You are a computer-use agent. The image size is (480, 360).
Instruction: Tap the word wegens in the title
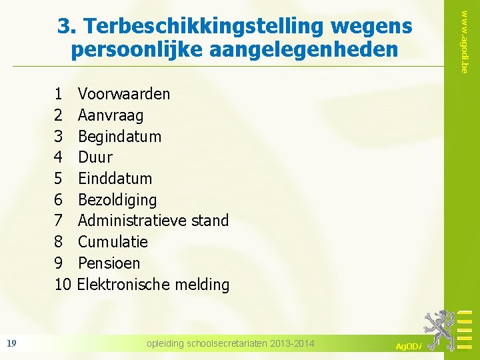pyautogui.click(x=371, y=27)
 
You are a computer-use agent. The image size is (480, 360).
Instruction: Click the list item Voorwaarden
pyautogui.click(x=124, y=94)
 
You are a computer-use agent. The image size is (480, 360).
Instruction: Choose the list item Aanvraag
pyautogui.click(x=111, y=115)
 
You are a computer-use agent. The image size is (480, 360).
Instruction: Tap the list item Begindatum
pyautogui.click(x=120, y=137)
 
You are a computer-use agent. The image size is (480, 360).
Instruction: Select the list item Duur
pyautogui.click(x=95, y=157)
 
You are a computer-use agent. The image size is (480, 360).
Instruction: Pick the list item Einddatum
pyautogui.click(x=115, y=179)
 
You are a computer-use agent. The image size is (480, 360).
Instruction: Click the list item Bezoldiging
pyautogui.click(x=117, y=199)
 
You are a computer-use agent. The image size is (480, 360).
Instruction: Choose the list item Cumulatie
pyautogui.click(x=113, y=241)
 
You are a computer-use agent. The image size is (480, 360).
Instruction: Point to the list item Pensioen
pyautogui.click(x=110, y=263)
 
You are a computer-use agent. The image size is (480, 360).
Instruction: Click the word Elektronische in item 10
pyautogui.click(x=123, y=284)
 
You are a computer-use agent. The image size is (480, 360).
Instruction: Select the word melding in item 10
pyautogui.click(x=202, y=284)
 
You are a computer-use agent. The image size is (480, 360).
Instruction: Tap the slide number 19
pyautogui.click(x=11, y=343)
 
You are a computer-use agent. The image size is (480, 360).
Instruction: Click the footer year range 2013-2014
pyautogui.click(x=291, y=343)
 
